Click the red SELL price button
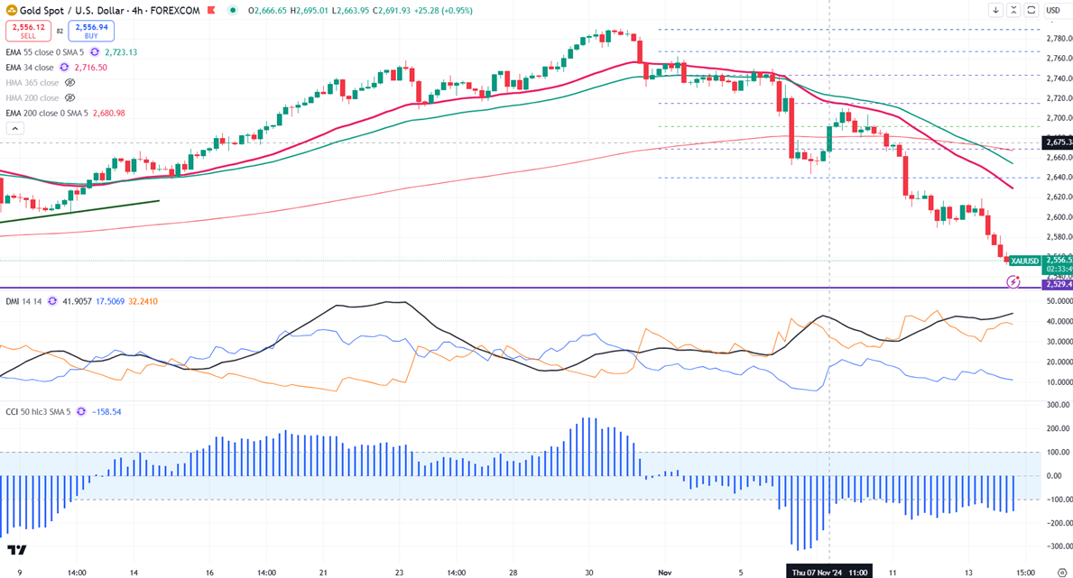click(28, 31)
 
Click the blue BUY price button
click(90, 31)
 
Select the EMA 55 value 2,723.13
click(120, 52)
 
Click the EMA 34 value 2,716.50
click(90, 68)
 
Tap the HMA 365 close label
click(32, 83)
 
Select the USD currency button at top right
click(1053, 11)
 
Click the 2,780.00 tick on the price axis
click(1058, 38)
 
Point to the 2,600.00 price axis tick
click(1058, 216)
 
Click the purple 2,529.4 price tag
click(1057, 284)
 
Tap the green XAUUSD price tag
click(1025, 261)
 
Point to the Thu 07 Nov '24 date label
click(829, 572)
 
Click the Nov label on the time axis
click(665, 572)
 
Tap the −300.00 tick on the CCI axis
click(1058, 546)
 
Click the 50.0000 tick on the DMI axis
click(1058, 301)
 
